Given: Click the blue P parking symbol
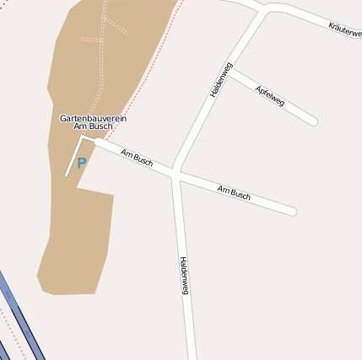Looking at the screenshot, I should point(81,164).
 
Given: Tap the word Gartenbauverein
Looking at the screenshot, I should point(93,119).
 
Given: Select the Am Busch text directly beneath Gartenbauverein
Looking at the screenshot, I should point(93,127).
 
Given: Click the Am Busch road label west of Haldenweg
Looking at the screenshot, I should point(137,158).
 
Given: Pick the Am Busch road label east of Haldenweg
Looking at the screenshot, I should point(234,192).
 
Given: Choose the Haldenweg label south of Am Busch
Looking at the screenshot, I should point(184,275).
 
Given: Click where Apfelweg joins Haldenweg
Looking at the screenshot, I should point(230,70).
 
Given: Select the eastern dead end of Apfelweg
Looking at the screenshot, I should point(314,122).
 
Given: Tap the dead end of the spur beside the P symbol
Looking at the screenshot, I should point(68,175).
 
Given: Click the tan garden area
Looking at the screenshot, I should point(76,236).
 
